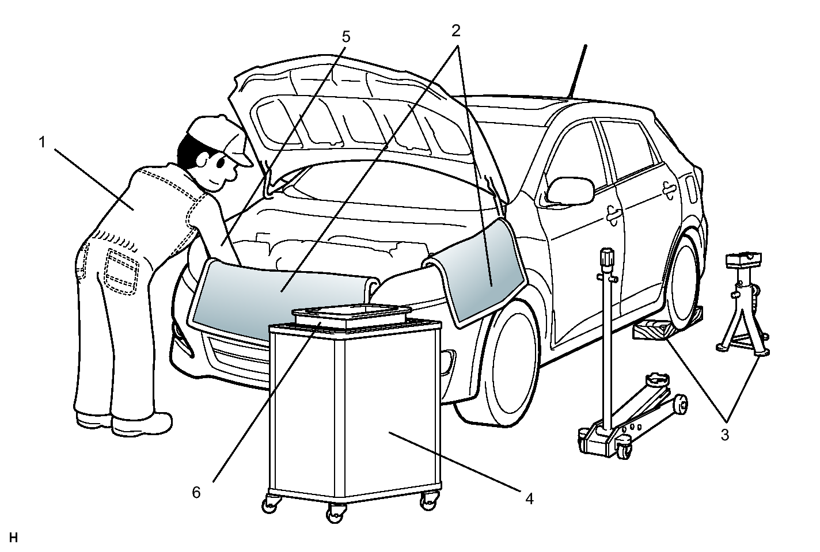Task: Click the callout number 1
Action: point(41,142)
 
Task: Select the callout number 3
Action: point(724,435)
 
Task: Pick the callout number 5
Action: point(346,37)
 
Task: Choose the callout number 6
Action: point(196,493)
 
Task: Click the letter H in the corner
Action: point(14,538)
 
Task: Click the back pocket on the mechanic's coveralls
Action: point(123,268)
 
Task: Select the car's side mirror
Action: point(570,191)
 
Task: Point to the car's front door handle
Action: point(614,214)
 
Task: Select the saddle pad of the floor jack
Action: point(656,379)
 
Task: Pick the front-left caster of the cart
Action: point(268,504)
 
